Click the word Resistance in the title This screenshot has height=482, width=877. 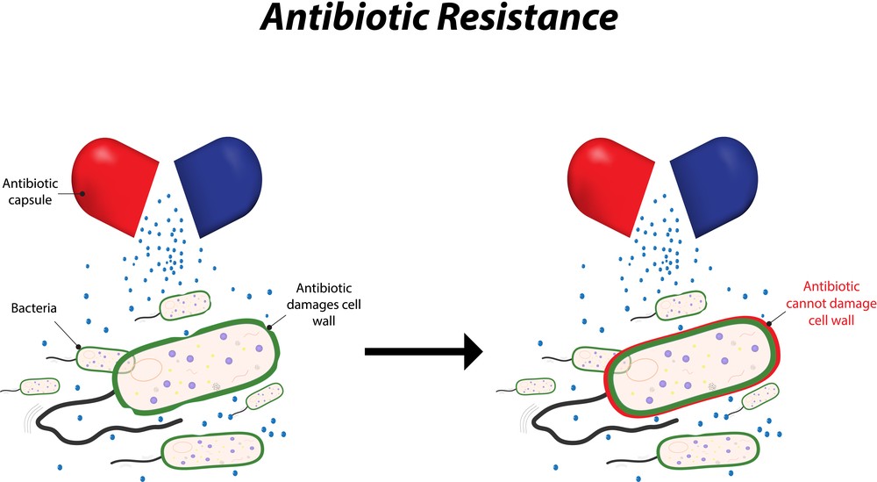point(527,18)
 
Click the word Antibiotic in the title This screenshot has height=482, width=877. point(345,18)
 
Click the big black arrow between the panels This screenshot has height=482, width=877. point(424,351)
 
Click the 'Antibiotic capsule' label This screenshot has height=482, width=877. point(30,191)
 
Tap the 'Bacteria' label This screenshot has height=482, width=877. point(33,308)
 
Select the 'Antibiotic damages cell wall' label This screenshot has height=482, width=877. point(324,304)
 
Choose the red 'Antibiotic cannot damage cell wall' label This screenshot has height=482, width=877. point(831,303)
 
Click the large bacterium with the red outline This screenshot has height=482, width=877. point(693,365)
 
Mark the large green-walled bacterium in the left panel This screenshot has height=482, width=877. point(196,367)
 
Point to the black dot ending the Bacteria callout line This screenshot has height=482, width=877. point(78,347)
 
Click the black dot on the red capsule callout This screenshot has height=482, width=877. point(82,194)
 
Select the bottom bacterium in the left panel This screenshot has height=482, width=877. point(212,450)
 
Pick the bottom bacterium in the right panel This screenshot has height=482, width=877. point(708,450)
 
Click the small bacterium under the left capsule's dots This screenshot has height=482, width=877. point(185,306)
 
